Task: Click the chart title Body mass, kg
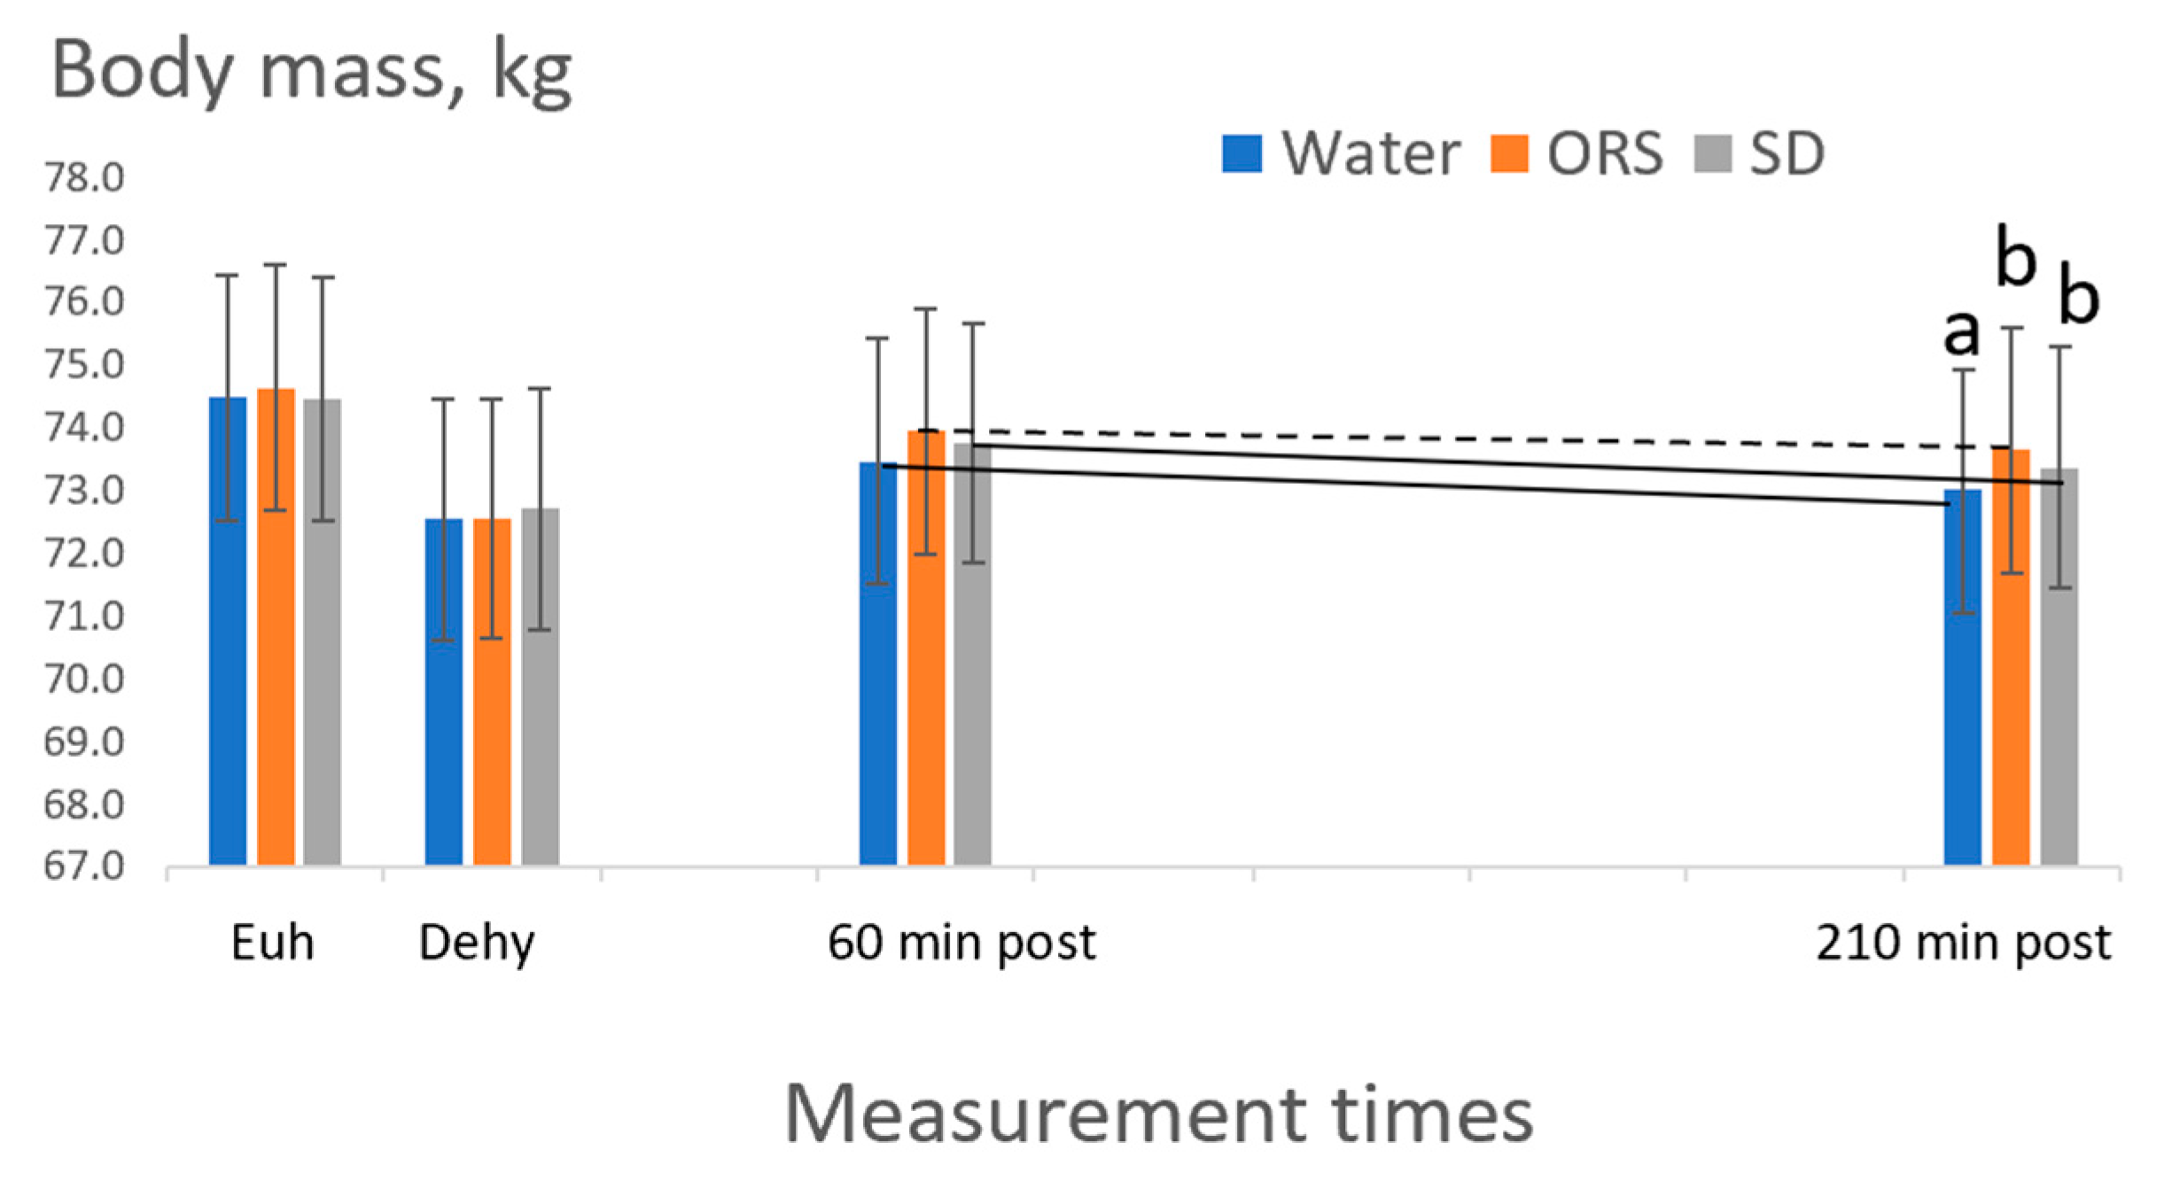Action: (x=312, y=73)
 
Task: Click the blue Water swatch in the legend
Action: (x=1242, y=153)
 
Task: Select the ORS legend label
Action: (x=1605, y=153)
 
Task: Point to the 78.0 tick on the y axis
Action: (x=84, y=178)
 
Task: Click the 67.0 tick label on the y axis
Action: (x=84, y=866)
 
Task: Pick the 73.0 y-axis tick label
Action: (x=84, y=490)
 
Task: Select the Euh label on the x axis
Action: (x=272, y=943)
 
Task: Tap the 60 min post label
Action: (x=961, y=943)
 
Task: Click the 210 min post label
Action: (x=1964, y=943)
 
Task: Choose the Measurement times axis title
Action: (x=1158, y=1115)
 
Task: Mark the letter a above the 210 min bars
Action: (x=1961, y=332)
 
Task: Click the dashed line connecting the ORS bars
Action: (x=1462, y=439)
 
